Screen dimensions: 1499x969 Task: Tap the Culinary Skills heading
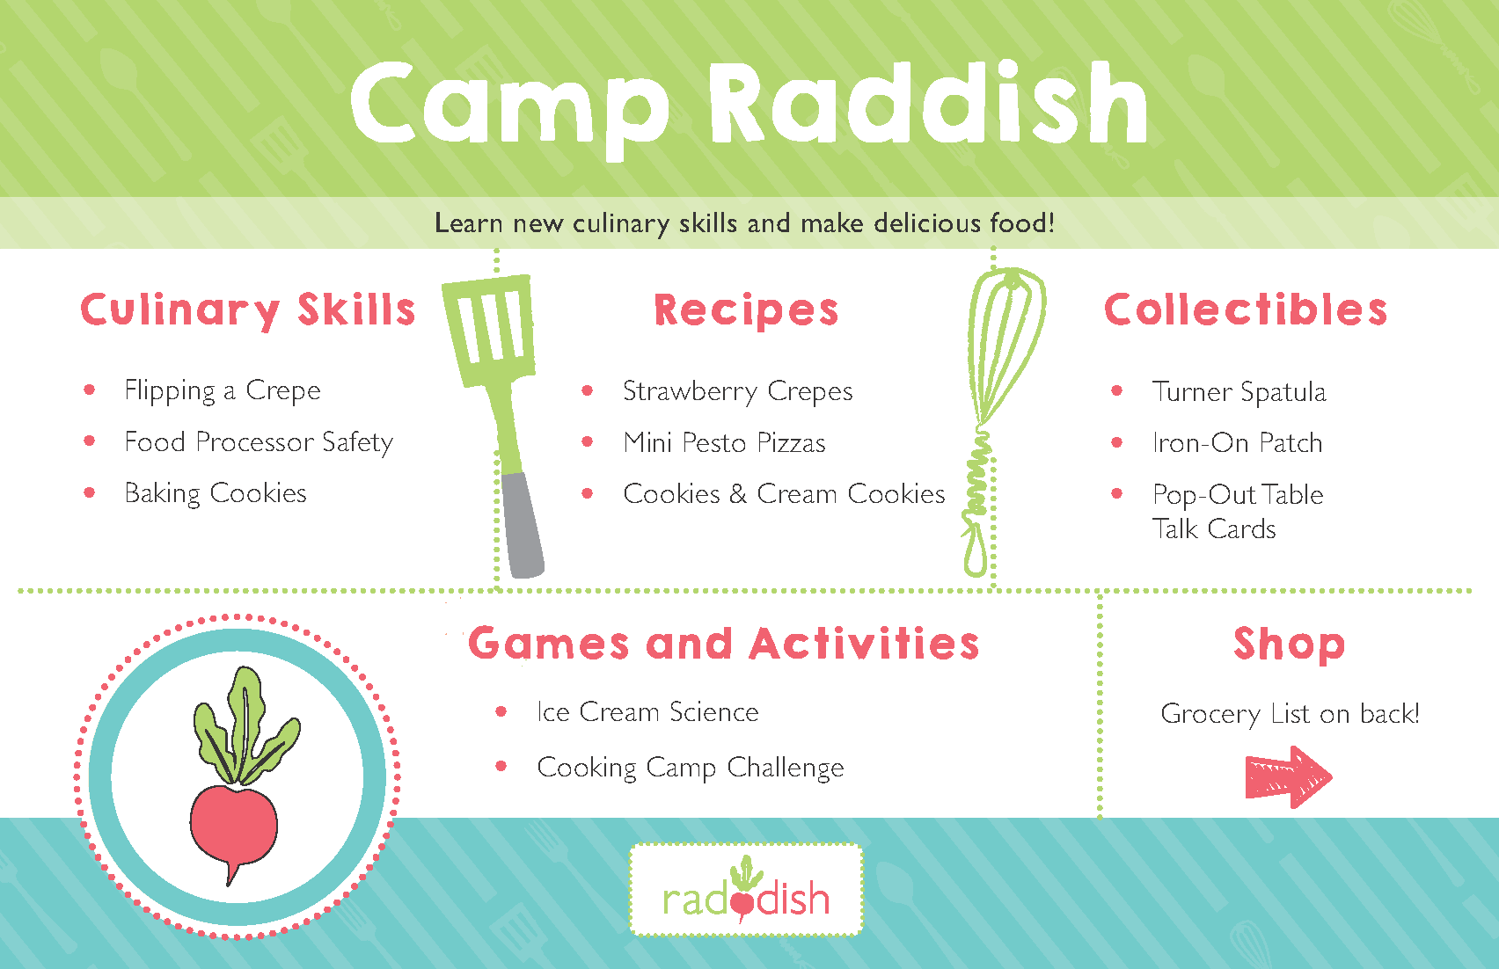(248, 310)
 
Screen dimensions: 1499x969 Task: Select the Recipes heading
(746, 310)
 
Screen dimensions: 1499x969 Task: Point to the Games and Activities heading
(723, 644)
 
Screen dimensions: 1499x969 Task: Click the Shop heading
(1289, 645)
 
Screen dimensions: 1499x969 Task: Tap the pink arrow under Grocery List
(1288, 777)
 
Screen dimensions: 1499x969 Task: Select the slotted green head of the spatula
(489, 329)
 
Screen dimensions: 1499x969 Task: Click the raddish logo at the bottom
(745, 890)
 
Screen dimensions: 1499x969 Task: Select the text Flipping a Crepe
(223, 390)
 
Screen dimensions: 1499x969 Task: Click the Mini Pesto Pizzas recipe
(724, 442)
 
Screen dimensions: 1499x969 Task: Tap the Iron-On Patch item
(1238, 442)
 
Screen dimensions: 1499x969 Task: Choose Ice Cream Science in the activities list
(647, 711)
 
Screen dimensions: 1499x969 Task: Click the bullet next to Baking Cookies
(89, 493)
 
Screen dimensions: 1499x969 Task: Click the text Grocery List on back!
(1290, 713)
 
